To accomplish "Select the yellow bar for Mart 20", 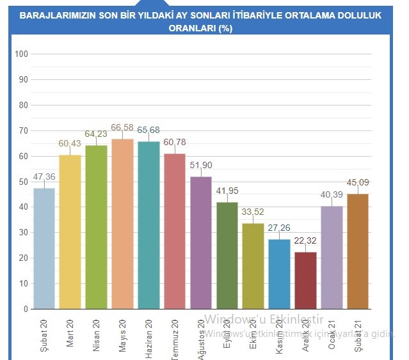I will click(x=70, y=231).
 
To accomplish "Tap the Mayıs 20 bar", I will click(x=122, y=224).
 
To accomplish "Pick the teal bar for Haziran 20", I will click(x=148, y=225).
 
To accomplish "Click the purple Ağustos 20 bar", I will click(x=201, y=242).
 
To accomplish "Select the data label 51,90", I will click(x=201, y=165).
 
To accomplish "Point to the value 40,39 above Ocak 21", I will click(x=332, y=194).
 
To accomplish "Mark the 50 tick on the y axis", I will click(x=23, y=182).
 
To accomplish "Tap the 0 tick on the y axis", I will click(x=26, y=309).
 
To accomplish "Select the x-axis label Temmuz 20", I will click(x=175, y=333).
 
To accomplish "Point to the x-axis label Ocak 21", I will click(x=332, y=330).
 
